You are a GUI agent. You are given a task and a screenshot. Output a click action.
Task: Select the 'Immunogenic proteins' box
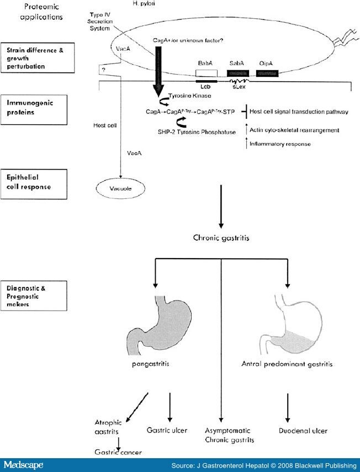tap(39, 107)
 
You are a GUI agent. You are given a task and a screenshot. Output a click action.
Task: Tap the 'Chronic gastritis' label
tap(221, 238)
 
